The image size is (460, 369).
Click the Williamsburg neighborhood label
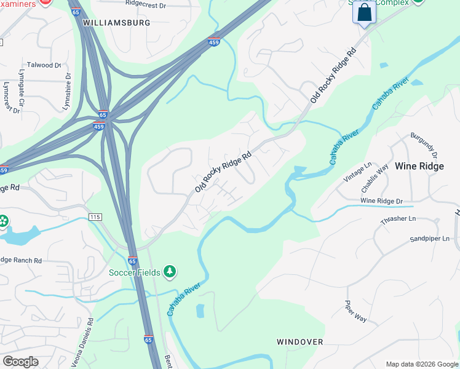coord(116,23)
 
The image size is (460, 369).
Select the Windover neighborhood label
coord(299,342)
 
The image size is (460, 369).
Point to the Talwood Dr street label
coord(44,65)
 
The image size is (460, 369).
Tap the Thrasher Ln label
coord(399,219)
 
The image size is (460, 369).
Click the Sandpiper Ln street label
coord(430,239)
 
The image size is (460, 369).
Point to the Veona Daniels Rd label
coord(82,342)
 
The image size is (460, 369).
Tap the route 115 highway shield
coord(94,218)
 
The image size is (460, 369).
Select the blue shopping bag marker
coord(364,12)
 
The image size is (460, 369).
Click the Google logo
coord(21,362)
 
